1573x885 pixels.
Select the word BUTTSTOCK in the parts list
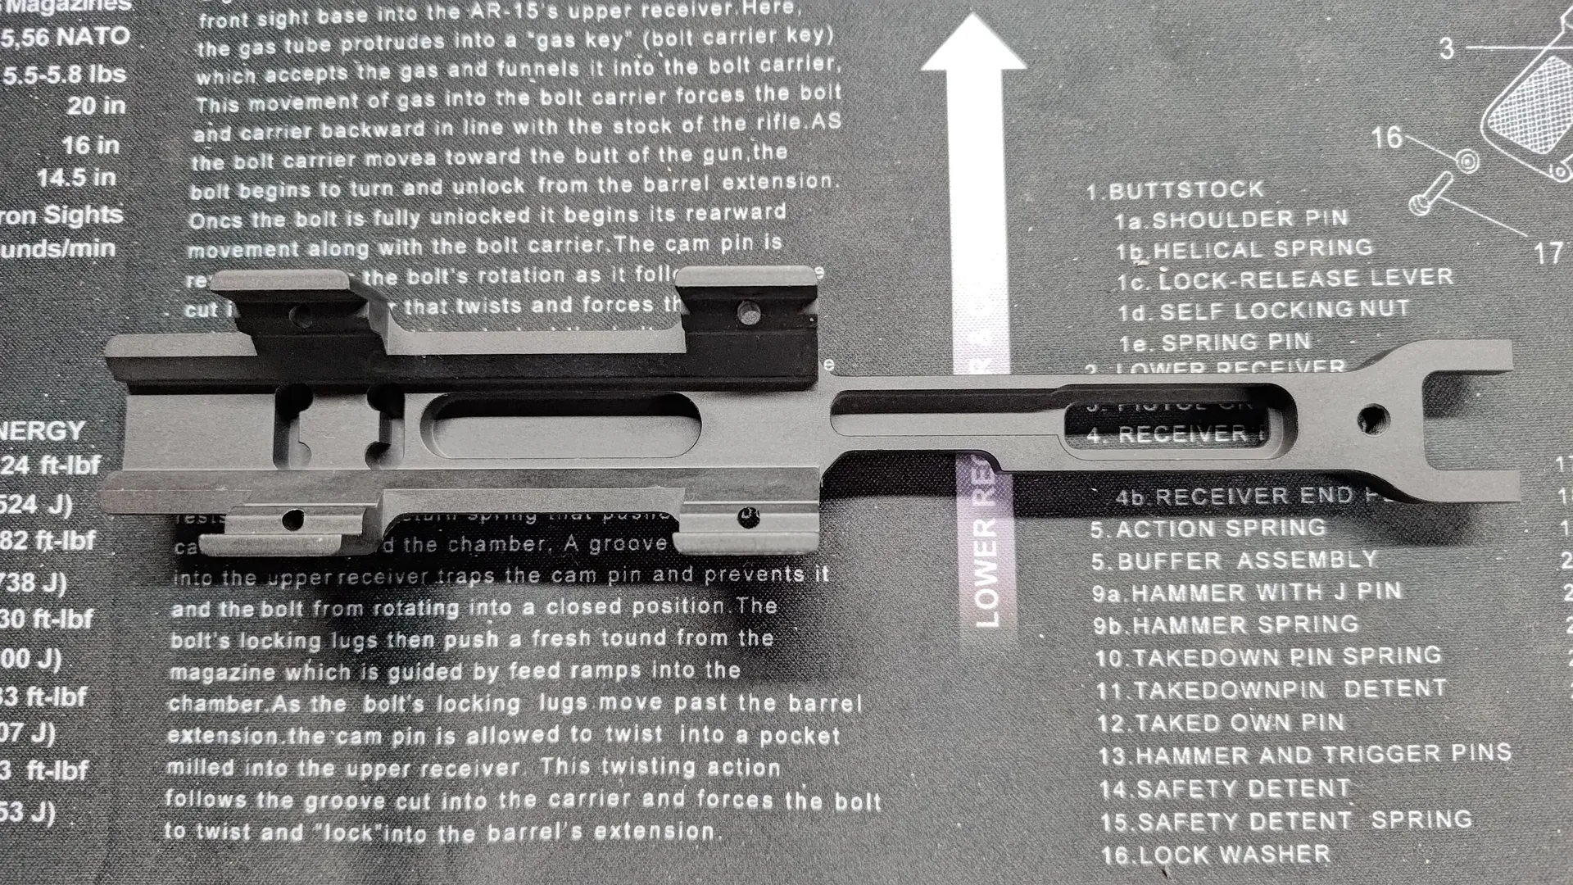pyautogui.click(x=1186, y=190)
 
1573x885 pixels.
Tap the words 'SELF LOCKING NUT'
pyautogui.click(x=1284, y=311)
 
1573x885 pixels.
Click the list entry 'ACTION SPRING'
pyautogui.click(x=1221, y=529)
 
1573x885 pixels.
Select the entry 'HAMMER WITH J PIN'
pyautogui.click(x=1267, y=592)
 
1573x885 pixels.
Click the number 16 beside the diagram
pyautogui.click(x=1387, y=137)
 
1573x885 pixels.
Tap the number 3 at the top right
pyautogui.click(x=1447, y=48)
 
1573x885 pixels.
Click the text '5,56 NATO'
pyautogui.click(x=66, y=38)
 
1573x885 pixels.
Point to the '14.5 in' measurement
pyautogui.click(x=81, y=178)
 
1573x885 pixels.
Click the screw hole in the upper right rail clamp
pyautogui.click(x=746, y=311)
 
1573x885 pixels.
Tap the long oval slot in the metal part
pyautogui.click(x=565, y=424)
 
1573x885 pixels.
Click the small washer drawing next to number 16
pyautogui.click(x=1467, y=159)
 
